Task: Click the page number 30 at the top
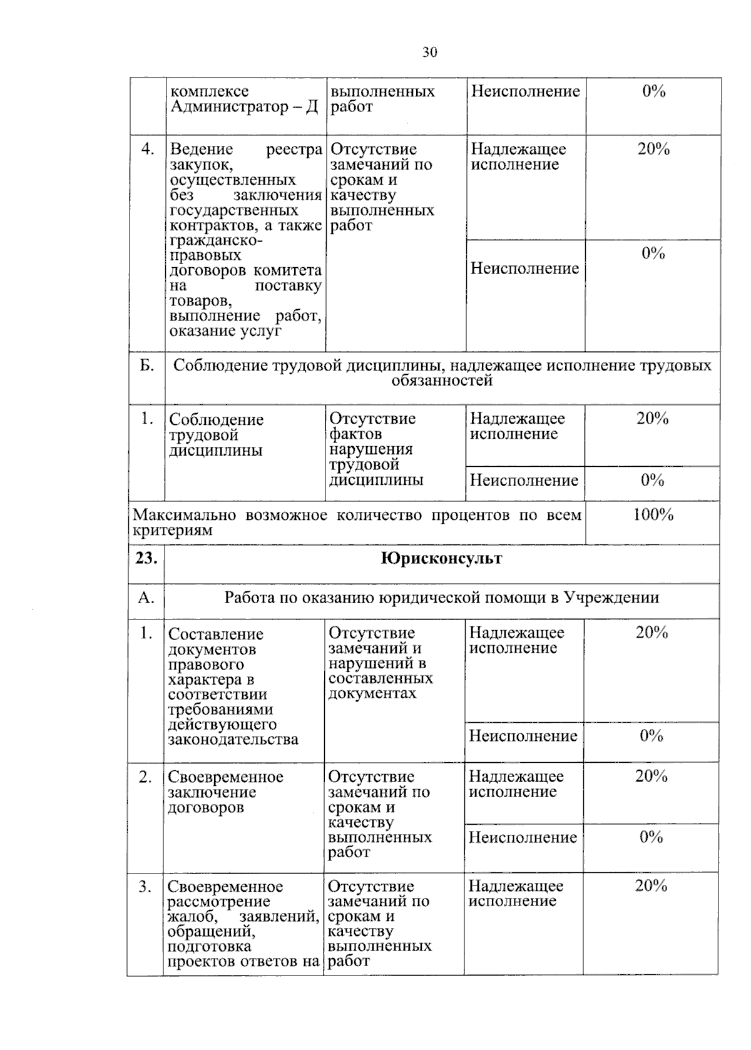[x=429, y=53]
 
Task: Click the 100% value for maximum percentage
[x=653, y=515]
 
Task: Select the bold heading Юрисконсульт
[x=441, y=558]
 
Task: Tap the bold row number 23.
[x=146, y=558]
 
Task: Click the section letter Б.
[x=146, y=366]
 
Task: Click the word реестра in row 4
[x=294, y=150]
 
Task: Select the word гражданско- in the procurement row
[x=217, y=241]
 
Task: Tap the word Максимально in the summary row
[x=184, y=516]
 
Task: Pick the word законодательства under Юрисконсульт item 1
[x=233, y=740]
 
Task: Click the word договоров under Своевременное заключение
[x=205, y=808]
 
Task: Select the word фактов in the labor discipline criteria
[x=355, y=434]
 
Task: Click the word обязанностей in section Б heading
[x=442, y=381]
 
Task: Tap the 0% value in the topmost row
[x=653, y=92]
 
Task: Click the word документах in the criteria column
[x=372, y=694]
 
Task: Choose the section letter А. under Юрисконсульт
[x=146, y=598]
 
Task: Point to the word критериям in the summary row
[x=172, y=531]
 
